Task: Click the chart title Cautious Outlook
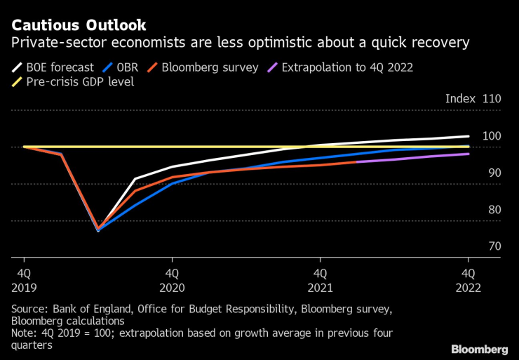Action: point(79,26)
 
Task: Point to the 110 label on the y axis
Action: point(492,99)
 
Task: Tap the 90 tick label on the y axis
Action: point(494,173)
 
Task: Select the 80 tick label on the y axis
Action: point(494,209)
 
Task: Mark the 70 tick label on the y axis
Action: point(494,246)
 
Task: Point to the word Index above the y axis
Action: point(460,99)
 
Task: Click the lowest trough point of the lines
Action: point(98,230)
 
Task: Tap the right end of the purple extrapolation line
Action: point(469,154)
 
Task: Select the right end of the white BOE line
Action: point(469,136)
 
